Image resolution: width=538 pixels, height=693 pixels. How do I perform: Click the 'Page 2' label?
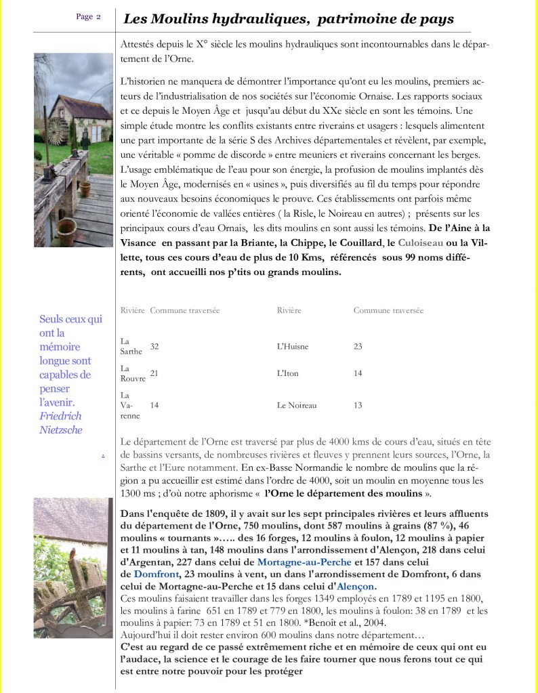tap(89, 17)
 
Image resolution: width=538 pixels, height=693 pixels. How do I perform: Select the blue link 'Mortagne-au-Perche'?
tap(304, 562)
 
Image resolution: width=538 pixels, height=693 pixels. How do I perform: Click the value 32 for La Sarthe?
tap(154, 346)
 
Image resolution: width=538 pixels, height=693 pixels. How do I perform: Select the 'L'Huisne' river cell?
tap(293, 346)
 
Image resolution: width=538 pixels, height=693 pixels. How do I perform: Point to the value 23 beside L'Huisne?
tap(358, 346)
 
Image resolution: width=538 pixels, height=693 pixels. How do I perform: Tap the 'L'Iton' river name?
tap(288, 373)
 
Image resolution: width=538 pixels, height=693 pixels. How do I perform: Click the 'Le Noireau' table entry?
tap(297, 405)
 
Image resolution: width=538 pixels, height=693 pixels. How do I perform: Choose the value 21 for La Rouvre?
tap(154, 373)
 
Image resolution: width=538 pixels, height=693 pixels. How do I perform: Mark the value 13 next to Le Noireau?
tap(358, 405)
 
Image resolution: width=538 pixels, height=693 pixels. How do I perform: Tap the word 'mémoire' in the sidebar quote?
tap(60, 346)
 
